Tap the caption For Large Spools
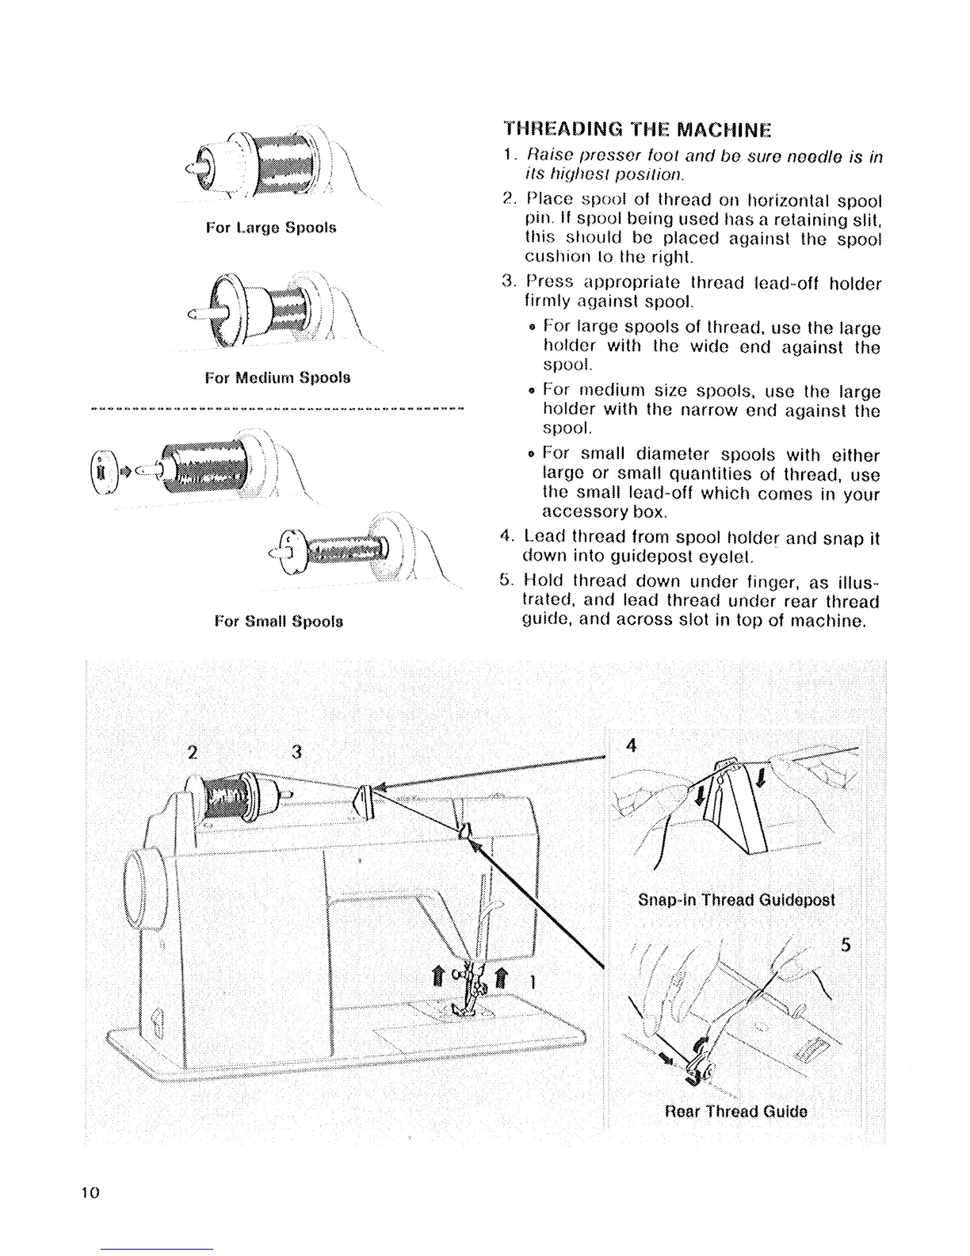tap(270, 228)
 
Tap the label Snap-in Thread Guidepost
tap(736, 901)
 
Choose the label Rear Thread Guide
tap(736, 1111)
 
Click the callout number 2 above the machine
tap(193, 752)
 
